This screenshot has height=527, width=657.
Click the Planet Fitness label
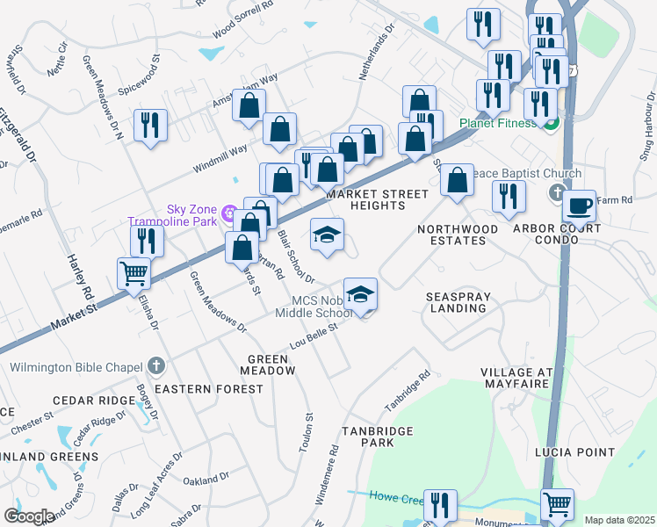click(496, 123)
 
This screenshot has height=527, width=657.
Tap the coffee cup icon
click(579, 206)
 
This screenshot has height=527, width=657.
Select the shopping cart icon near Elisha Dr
click(134, 273)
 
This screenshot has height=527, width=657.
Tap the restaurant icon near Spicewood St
click(150, 125)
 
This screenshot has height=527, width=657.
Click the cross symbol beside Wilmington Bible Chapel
click(155, 365)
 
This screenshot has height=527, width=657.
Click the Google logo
click(29, 516)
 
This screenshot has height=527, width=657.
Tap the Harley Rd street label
click(76, 277)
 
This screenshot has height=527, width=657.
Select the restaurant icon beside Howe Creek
click(439, 505)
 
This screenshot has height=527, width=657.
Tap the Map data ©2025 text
click(618, 520)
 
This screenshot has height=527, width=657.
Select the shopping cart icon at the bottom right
click(557, 504)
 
